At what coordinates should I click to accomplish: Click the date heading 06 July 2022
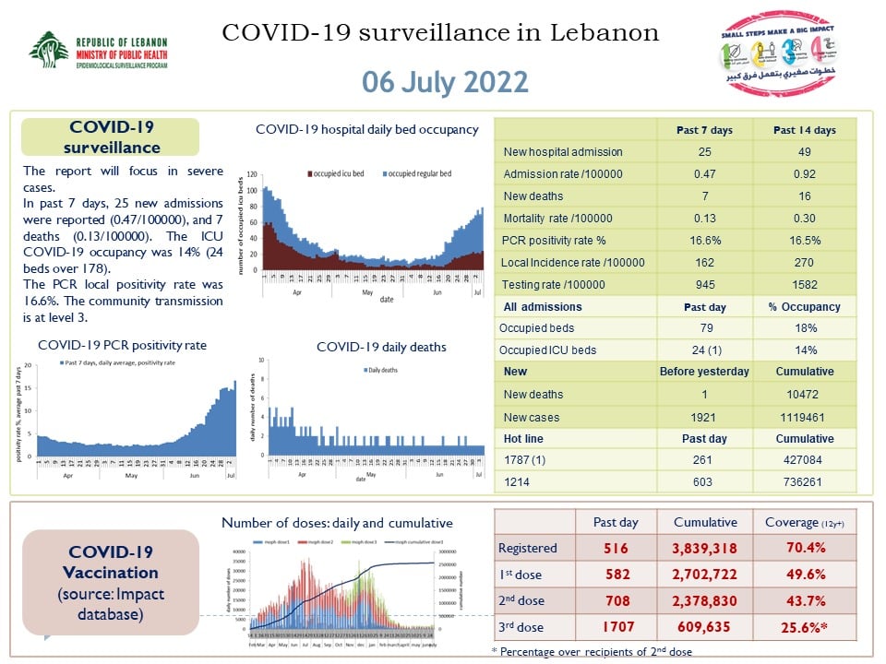tap(445, 81)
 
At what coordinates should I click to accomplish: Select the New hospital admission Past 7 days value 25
tap(704, 151)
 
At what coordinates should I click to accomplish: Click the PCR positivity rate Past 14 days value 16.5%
tap(804, 240)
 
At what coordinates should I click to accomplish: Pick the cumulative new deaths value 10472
tap(804, 395)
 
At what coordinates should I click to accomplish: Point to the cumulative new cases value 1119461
tap(804, 417)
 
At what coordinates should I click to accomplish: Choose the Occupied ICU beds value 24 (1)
tap(704, 350)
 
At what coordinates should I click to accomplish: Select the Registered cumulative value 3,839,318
tap(704, 548)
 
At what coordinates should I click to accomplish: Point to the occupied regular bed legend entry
tap(417, 174)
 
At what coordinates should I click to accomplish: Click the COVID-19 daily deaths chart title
tap(381, 347)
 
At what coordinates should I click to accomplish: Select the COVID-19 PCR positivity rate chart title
tap(122, 345)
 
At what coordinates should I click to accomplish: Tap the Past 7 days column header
tap(704, 130)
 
